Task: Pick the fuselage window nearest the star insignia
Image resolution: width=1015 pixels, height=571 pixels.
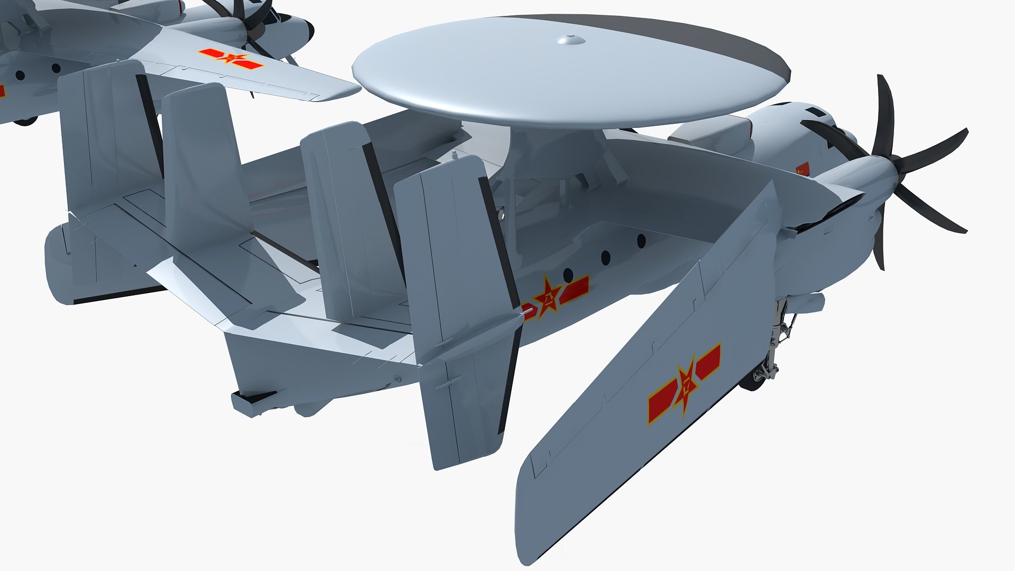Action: pyautogui.click(x=568, y=274)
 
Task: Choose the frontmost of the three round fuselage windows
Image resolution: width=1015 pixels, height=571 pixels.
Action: pyautogui.click(x=641, y=241)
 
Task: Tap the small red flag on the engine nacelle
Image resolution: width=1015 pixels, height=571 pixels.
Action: pyautogui.click(x=802, y=169)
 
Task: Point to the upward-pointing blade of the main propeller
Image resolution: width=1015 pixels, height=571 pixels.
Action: pyautogui.click(x=884, y=114)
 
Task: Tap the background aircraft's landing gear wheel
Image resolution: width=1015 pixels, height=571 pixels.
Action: pyautogui.click(x=24, y=121)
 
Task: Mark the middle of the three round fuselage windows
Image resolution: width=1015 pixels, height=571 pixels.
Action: pyautogui.click(x=606, y=258)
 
